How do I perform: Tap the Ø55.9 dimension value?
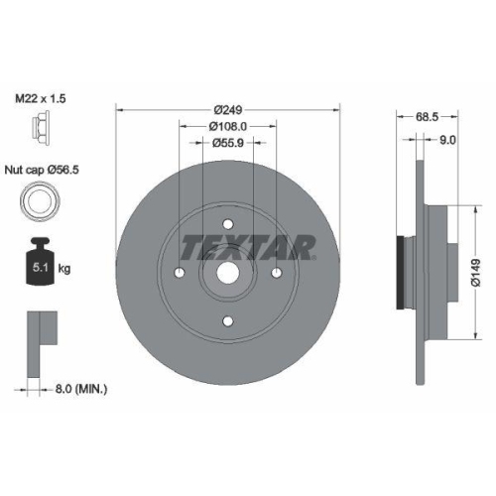pos(227,143)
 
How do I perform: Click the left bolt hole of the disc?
pos(179,272)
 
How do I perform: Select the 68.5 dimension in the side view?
pos(428,116)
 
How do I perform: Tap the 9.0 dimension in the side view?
pos(447,140)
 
